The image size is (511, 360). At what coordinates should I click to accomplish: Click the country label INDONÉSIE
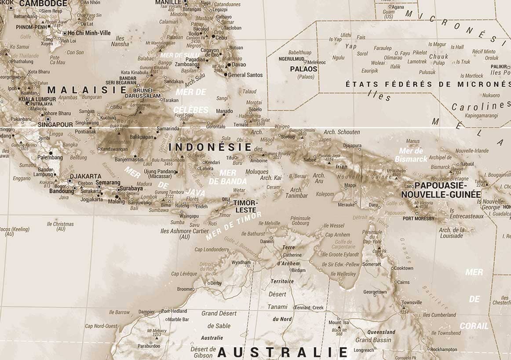click(210, 147)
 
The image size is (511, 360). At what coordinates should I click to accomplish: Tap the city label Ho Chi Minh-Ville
click(89, 33)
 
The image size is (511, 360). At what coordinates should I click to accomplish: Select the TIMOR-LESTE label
click(245, 206)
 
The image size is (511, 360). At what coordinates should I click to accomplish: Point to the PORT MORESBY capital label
click(418, 218)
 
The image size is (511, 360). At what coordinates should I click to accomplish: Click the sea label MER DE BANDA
click(227, 177)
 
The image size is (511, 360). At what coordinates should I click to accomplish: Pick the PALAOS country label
click(303, 69)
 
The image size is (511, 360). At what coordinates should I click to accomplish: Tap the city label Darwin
click(266, 241)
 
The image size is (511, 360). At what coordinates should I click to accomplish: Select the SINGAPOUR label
click(55, 124)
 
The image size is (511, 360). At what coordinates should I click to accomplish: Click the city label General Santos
click(245, 75)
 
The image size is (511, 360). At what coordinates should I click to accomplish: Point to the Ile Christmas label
click(60, 226)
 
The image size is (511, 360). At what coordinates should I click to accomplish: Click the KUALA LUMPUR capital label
click(37, 99)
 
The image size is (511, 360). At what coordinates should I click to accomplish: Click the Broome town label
click(185, 289)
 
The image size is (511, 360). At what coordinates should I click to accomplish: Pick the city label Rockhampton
click(446, 350)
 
